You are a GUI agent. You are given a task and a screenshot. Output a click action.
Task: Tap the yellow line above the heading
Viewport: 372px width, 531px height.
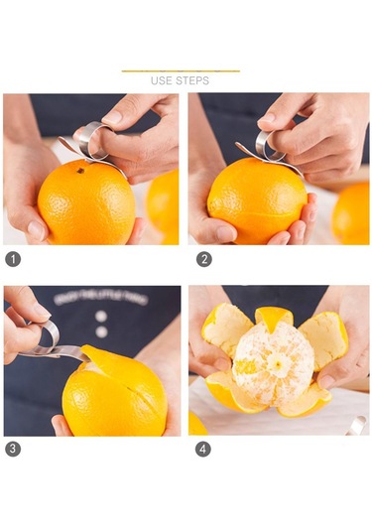tap(181, 71)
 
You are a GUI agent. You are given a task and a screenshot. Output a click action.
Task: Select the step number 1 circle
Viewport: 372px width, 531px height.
tap(13, 259)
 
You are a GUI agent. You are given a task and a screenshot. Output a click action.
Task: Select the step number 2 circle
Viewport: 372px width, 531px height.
tap(203, 259)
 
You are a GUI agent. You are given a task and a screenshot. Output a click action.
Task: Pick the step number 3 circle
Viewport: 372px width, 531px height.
tap(13, 449)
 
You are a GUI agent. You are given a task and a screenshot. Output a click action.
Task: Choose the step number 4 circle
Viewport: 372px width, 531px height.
tap(203, 449)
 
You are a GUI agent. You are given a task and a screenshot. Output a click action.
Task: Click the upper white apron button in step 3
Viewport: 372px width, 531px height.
tap(100, 316)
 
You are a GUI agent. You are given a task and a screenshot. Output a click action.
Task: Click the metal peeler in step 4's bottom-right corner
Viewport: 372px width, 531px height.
tap(356, 425)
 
